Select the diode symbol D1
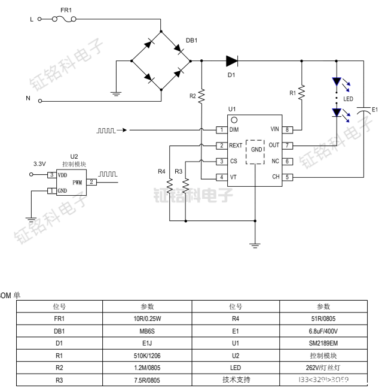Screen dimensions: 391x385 point(232,60)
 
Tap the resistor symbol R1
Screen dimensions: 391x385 point(302,92)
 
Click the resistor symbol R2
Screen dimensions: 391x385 point(202,95)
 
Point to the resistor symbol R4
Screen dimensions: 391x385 point(170,186)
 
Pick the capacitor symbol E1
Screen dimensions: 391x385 point(363,110)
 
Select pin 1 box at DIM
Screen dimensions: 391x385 point(221,129)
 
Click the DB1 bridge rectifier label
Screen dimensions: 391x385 point(191,40)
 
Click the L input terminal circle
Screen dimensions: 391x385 point(40,19)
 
